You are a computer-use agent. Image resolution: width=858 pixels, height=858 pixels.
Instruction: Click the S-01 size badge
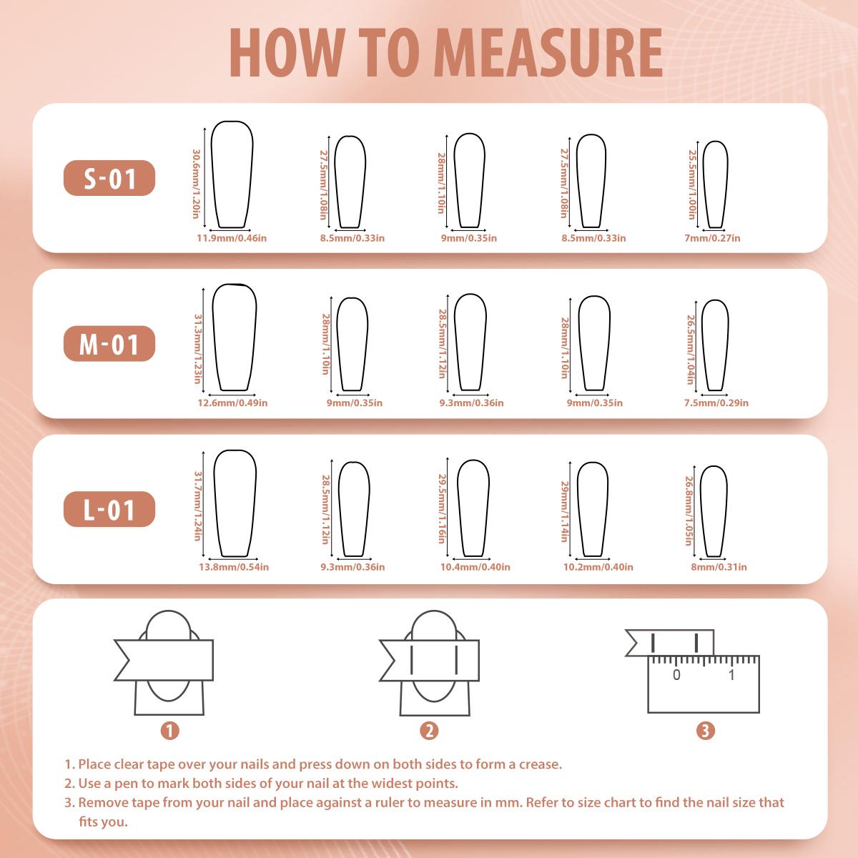pos(109,178)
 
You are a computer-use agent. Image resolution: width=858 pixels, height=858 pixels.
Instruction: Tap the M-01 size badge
pos(109,344)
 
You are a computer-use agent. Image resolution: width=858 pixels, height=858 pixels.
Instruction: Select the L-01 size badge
pos(109,509)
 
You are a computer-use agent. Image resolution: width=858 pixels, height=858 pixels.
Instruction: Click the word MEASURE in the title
pos(551,53)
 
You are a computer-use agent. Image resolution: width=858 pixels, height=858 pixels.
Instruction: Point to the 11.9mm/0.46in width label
pos(232,238)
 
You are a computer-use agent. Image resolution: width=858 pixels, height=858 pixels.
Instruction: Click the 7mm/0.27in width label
pos(712,238)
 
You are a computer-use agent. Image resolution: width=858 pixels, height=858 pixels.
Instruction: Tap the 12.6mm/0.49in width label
pos(233,403)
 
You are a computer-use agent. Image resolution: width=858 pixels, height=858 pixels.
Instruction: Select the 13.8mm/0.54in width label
pos(234,567)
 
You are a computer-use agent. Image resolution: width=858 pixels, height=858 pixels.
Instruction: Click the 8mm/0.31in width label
pos(719,567)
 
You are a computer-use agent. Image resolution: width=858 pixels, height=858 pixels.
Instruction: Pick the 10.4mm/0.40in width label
pos(475,567)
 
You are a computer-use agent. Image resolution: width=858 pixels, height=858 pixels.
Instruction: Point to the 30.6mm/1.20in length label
pos(197,184)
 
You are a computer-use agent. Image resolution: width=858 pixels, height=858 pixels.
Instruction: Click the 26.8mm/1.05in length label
pos(689,511)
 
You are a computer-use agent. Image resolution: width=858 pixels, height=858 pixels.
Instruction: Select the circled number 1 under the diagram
pos(169,731)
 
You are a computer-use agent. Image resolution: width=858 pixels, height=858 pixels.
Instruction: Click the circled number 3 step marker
pos(705,731)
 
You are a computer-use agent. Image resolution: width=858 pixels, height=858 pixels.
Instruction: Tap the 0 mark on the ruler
pos(676,675)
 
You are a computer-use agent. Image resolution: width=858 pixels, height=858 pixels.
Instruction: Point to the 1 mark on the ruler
pos(731,675)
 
